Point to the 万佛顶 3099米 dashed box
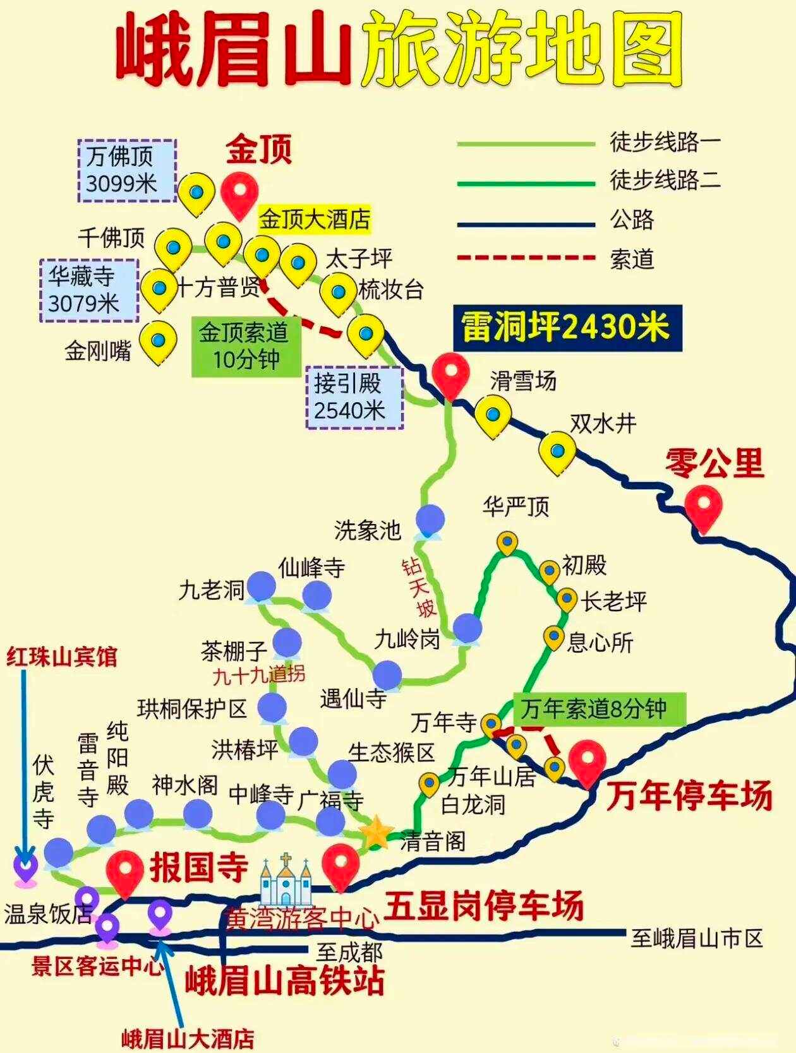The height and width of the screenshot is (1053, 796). point(127,170)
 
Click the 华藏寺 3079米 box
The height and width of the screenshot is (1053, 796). point(88,290)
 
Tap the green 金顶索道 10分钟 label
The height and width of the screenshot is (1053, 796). point(246,346)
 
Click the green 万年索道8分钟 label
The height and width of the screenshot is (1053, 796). point(598,710)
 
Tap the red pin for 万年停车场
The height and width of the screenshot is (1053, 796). point(588,760)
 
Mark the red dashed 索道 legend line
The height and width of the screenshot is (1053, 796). point(526,258)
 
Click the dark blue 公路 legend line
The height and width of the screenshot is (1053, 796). point(526,223)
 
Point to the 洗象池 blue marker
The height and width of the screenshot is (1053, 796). point(430,521)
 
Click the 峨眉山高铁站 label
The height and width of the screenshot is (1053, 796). point(284,982)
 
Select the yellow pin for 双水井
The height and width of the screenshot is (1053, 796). point(557,450)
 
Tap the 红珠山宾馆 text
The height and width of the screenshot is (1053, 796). point(61,657)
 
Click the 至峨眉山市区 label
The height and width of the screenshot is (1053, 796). point(697,939)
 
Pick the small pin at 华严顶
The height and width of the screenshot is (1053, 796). point(507,542)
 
